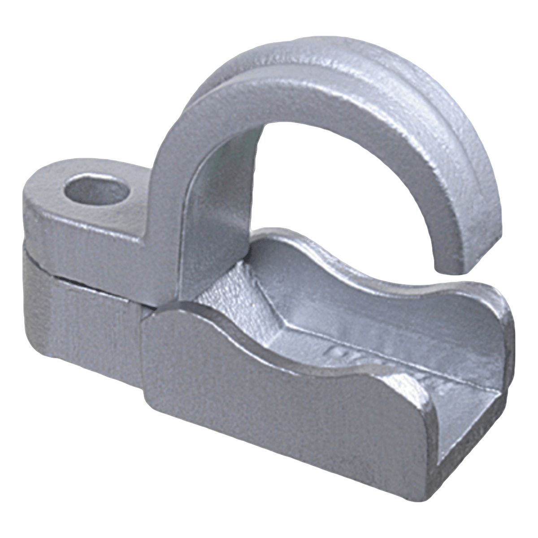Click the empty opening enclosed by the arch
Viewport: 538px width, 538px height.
(x=332, y=179)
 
